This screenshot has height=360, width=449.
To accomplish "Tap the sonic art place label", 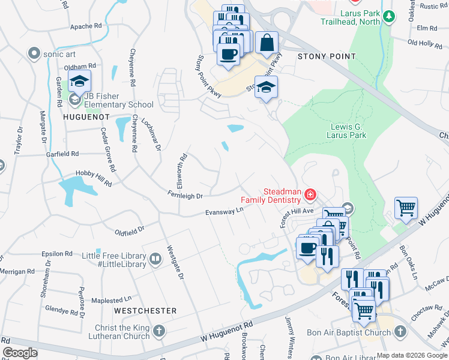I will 60,53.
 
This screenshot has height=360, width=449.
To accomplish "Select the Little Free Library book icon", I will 155,259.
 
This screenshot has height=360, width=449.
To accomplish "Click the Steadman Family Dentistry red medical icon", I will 310,194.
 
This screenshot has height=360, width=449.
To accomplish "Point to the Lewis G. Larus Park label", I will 348,131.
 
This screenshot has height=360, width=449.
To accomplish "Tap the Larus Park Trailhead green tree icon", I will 390,17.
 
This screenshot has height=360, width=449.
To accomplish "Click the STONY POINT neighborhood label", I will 327,56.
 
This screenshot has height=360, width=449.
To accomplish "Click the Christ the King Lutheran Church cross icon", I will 159,331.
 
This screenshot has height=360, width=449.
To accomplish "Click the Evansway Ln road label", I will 224,211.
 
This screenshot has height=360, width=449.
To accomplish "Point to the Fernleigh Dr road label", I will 185,196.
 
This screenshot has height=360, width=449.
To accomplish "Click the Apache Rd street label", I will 86,26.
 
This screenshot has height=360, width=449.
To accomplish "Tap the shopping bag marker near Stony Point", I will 267,43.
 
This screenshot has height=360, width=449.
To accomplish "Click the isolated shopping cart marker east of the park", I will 406,209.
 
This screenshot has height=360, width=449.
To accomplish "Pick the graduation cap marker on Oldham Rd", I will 79,81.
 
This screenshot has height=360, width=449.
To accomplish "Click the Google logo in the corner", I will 20,353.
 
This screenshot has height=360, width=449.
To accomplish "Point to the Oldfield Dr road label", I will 130,229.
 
